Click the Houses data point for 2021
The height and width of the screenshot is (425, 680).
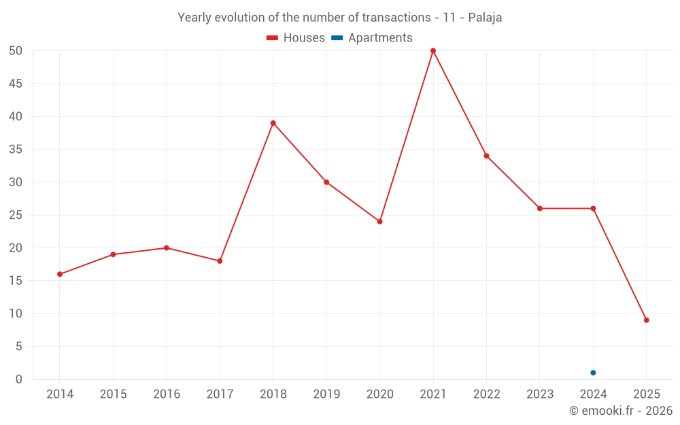point(433,51)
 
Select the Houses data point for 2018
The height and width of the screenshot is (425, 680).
point(273,123)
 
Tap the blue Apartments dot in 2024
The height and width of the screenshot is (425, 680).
point(593,373)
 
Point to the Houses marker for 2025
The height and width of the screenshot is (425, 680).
point(647,320)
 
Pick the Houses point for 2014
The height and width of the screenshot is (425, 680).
point(60,274)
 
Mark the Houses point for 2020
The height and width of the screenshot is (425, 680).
point(380,222)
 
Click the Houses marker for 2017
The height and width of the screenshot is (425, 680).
point(220,261)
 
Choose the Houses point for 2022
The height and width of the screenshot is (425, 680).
point(487,156)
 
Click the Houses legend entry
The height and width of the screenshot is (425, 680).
point(296,38)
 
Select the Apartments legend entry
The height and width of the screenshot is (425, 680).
point(373,38)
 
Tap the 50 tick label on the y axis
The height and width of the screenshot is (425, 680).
point(16,51)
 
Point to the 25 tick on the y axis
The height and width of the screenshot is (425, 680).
point(16,215)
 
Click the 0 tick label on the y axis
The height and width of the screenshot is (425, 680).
point(19,379)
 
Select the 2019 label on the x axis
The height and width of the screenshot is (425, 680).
point(326,394)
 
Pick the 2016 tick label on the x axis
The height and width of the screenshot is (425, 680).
point(167,394)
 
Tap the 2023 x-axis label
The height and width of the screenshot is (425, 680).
point(540,394)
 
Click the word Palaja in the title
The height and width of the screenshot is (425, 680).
point(486,18)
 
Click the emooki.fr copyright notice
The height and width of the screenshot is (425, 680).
point(621,411)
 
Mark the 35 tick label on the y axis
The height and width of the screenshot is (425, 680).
point(16,150)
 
